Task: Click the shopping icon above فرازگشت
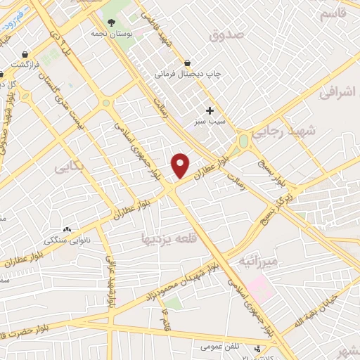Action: [25, 54]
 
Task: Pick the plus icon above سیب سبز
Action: [210, 110]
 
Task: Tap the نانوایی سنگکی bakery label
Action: [68, 239]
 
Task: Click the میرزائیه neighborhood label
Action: [259, 262]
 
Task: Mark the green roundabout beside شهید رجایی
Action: [243, 139]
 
